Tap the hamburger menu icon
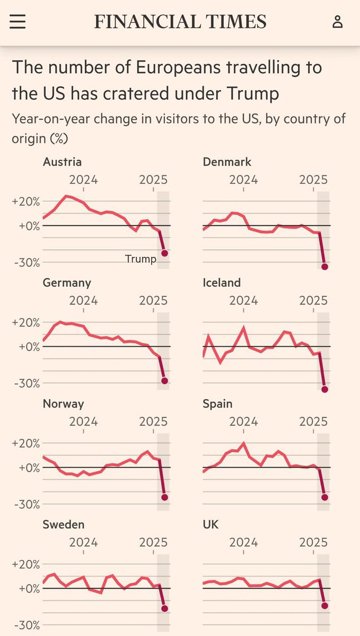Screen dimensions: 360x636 [x=17, y=22]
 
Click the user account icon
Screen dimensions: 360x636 [x=338, y=22]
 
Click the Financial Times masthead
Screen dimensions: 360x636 [x=180, y=22]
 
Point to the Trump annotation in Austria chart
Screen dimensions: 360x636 [x=141, y=259]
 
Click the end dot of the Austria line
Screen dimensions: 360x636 [x=164, y=253]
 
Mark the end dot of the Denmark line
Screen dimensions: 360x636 [x=324, y=267]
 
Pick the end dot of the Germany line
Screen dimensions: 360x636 [x=164, y=381]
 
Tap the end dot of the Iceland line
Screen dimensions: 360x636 [x=324, y=389]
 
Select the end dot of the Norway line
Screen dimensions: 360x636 [x=164, y=497]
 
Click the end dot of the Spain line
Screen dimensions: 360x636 [x=324, y=497]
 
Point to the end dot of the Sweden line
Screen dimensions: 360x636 [x=164, y=608]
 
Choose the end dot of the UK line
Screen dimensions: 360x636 [x=324, y=606]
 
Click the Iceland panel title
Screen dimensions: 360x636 [x=222, y=283]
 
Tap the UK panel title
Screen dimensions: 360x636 [x=210, y=524]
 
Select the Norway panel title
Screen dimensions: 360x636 [x=64, y=404]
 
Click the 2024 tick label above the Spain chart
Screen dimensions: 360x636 [x=243, y=422]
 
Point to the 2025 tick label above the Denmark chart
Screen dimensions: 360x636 [x=313, y=180]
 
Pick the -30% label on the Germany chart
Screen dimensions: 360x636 [x=27, y=384]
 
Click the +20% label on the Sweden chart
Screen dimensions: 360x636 [x=26, y=564]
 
